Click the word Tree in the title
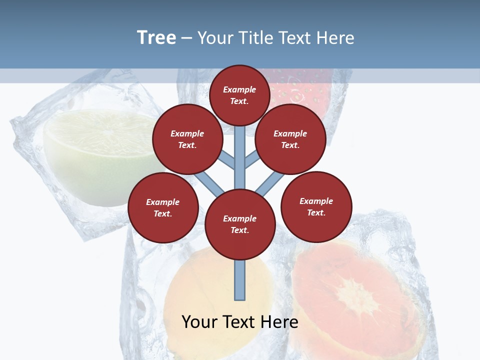156,38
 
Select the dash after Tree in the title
187,38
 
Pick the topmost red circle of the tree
239,95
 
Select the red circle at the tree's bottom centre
240,224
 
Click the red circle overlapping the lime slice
187,139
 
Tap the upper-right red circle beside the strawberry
290,139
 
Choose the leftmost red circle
162,207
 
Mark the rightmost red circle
316,206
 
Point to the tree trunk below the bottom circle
240,280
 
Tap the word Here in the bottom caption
280,322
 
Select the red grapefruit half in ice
360,295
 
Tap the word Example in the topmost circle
239,89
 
